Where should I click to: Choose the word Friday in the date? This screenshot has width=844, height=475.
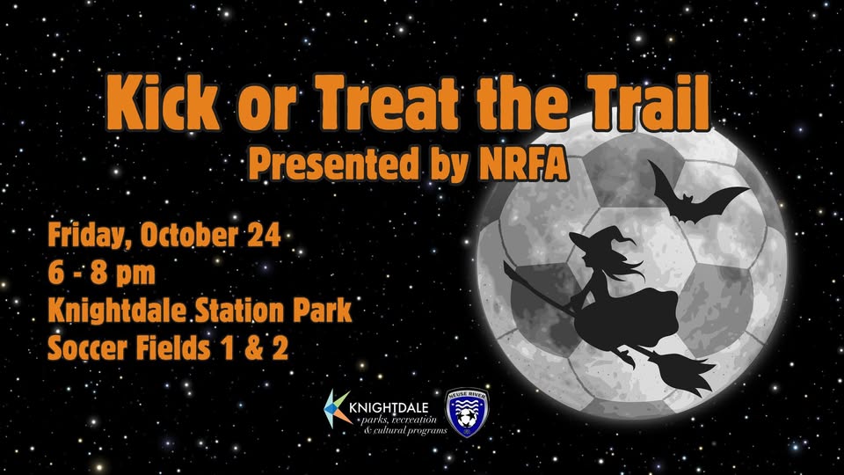pyautogui.click(x=91, y=236)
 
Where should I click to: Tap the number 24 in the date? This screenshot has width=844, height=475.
pyautogui.click(x=264, y=235)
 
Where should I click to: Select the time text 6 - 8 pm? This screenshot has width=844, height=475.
pyautogui.click(x=102, y=274)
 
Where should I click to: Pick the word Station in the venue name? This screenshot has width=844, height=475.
pyautogui.click(x=241, y=311)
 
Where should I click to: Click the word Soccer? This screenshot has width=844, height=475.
pyautogui.click(x=88, y=348)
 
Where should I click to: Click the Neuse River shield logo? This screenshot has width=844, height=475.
pyautogui.click(x=467, y=412)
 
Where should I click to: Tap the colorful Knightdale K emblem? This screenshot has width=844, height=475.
pyautogui.click(x=337, y=409)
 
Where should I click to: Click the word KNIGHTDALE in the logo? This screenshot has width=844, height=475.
pyautogui.click(x=389, y=407)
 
